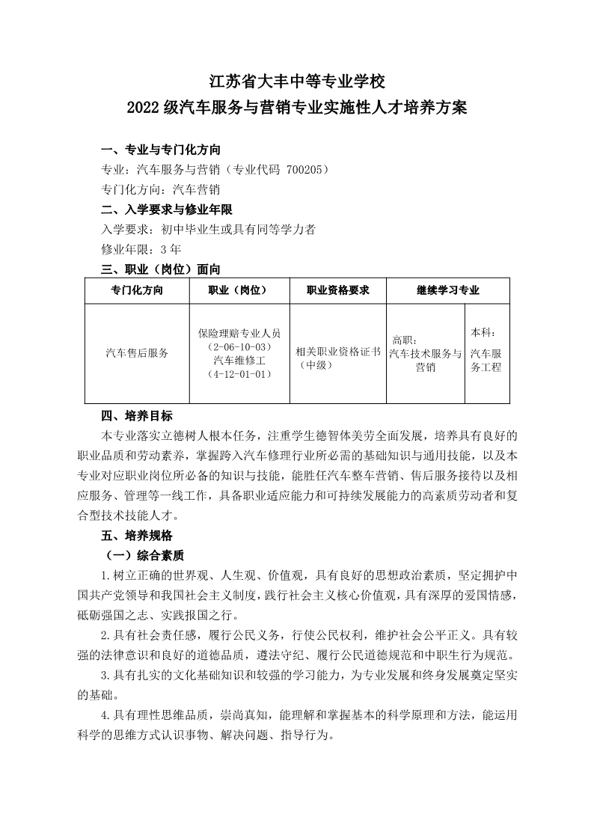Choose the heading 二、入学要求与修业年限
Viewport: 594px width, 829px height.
[167, 209]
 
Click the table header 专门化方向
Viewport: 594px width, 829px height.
[136, 290]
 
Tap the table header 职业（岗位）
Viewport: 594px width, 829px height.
[239, 290]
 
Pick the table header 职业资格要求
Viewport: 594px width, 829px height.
[337, 290]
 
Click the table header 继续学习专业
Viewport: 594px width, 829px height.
[447, 290]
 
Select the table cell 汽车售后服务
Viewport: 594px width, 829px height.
[137, 353]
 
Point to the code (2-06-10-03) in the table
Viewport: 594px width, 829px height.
[239, 347]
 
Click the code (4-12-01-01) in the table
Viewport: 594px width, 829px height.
[239, 374]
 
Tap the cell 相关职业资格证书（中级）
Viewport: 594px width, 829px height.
[337, 358]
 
